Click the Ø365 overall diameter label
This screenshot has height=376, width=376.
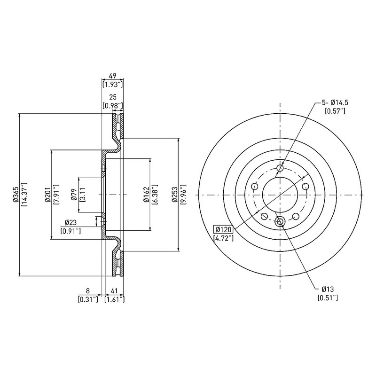(x=16, y=194)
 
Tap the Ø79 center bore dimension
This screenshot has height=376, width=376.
(x=74, y=195)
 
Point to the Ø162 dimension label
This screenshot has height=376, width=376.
(x=146, y=194)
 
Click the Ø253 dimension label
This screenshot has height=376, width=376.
(x=175, y=194)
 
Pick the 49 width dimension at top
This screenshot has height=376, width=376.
(x=113, y=76)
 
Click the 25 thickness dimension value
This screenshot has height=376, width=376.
(x=113, y=97)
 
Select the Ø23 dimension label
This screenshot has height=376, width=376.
(x=70, y=223)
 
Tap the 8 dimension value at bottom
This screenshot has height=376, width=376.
(x=88, y=291)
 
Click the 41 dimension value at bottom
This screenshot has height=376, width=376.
(x=114, y=291)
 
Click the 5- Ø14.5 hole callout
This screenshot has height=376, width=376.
(x=335, y=102)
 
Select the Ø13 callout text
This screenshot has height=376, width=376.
(x=328, y=289)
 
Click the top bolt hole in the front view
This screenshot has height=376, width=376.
(x=280, y=168)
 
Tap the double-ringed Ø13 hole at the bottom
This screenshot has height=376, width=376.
(x=280, y=221)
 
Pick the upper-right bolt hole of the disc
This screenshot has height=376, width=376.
(x=305, y=186)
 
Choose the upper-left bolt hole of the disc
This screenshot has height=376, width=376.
(x=254, y=186)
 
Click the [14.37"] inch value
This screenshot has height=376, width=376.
(x=24, y=194)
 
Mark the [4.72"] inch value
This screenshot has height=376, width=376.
(x=223, y=238)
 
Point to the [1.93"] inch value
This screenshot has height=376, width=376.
(x=113, y=85)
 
